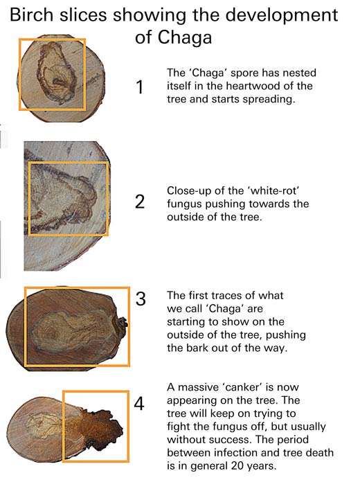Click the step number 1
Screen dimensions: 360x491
(x=140, y=87)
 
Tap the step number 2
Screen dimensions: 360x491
(x=140, y=202)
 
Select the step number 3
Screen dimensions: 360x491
(x=141, y=298)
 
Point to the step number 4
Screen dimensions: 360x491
(x=139, y=403)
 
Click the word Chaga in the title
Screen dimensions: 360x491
(x=185, y=37)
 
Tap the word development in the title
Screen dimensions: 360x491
(x=282, y=16)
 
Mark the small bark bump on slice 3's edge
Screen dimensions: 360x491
(x=122, y=324)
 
